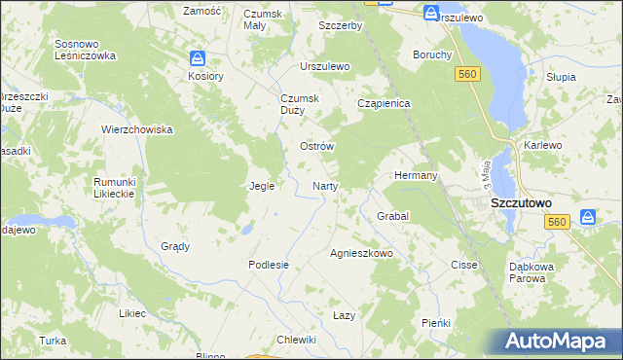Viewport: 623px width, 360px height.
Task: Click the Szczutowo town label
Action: pyautogui.click(x=521, y=203)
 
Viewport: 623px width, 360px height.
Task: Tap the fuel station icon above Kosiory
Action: pyautogui.click(x=198, y=58)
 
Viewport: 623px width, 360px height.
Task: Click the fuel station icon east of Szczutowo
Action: pyautogui.click(x=587, y=218)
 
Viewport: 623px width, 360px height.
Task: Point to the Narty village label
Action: pyautogui.click(x=324, y=185)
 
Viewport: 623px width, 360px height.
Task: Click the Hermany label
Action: pyautogui.click(x=416, y=175)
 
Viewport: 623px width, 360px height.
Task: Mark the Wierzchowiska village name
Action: pyautogui.click(x=137, y=129)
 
